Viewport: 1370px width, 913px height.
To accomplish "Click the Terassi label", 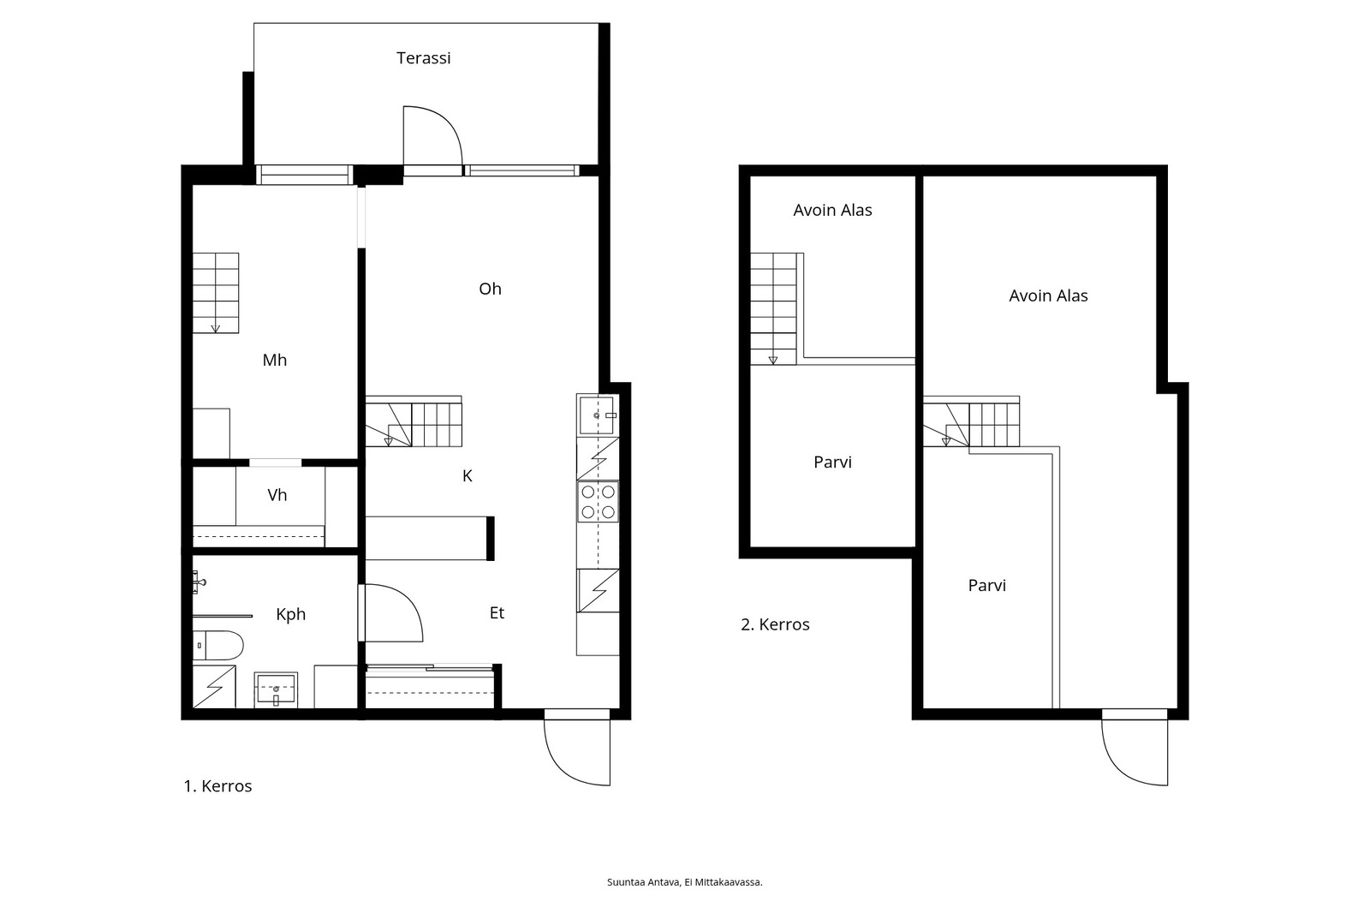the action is tap(423, 58).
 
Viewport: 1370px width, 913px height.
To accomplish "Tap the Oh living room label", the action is tap(490, 289).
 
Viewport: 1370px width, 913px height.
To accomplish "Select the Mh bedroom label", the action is tap(275, 360).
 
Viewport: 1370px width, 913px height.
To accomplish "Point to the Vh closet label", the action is tap(277, 495).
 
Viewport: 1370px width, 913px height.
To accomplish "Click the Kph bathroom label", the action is tap(290, 614).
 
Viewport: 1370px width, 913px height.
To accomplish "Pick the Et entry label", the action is tap(497, 612).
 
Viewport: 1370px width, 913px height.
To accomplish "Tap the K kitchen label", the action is tap(468, 476).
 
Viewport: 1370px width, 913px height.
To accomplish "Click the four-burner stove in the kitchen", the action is tap(599, 502).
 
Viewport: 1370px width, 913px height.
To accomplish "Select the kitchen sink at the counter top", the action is tap(596, 415).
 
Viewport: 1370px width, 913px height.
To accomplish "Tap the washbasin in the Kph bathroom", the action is tap(276, 690).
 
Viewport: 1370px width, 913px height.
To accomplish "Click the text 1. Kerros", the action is tap(217, 786).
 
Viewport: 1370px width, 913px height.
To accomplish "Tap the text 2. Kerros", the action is tap(775, 624).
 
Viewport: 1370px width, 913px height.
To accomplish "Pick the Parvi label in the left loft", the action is tap(832, 462).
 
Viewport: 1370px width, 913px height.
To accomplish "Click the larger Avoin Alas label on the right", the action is tap(1048, 296).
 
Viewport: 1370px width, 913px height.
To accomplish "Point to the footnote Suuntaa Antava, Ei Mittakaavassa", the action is tap(685, 882).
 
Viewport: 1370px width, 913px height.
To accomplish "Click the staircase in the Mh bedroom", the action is tap(216, 293).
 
